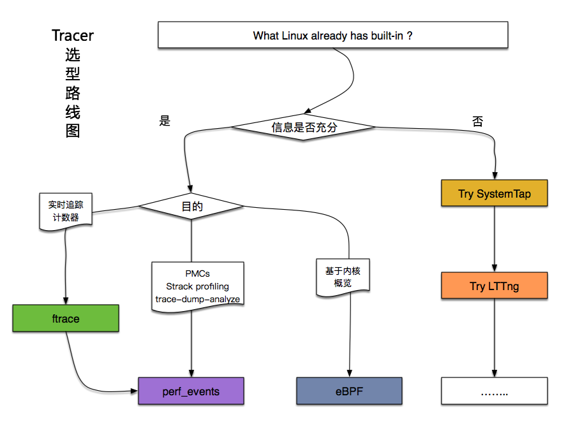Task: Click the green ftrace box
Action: coord(66,318)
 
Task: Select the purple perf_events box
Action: coord(191,391)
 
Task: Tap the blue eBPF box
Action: coord(349,391)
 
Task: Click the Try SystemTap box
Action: coord(494,194)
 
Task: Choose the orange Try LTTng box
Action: coord(494,286)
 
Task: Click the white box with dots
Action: coord(494,391)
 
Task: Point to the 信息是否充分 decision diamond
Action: coord(304,128)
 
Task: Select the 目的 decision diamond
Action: coord(191,207)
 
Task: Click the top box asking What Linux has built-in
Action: coord(332,36)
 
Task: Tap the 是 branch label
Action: coord(165,121)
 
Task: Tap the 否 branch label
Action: coord(477,121)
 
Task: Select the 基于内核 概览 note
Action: coord(342,276)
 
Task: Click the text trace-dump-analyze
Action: coord(198,298)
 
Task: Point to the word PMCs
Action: coord(198,274)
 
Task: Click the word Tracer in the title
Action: coord(73,36)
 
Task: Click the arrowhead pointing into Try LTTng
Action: coord(494,268)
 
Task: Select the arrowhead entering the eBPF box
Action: coord(349,374)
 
